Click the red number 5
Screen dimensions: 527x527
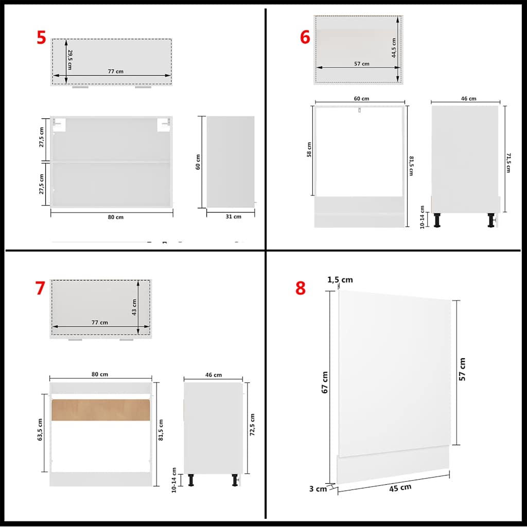point(41,38)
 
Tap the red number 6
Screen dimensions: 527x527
point(305,37)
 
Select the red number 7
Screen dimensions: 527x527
point(40,289)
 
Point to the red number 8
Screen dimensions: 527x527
point(301,289)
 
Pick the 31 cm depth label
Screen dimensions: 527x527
point(233,217)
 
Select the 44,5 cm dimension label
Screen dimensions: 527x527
point(394,48)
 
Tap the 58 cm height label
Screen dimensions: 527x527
point(309,150)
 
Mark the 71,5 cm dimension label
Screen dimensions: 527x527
point(507,162)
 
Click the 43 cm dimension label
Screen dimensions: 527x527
point(134,307)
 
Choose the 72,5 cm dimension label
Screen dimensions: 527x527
point(252,424)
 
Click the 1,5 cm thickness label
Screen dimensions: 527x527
point(340,280)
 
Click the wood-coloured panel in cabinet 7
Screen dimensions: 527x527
point(101,409)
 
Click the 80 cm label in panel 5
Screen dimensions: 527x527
point(116,217)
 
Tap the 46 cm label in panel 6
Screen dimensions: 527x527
point(469,99)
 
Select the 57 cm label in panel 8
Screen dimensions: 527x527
point(462,369)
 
